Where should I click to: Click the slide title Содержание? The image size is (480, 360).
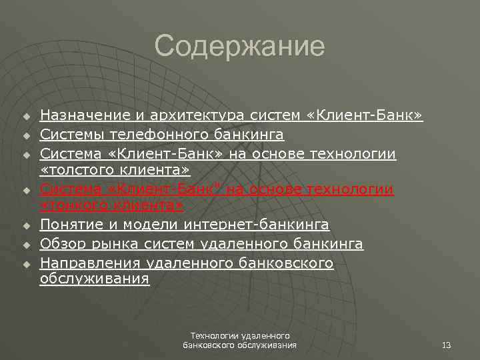pos(239,47)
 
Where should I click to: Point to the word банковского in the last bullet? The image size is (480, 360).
pos(285,263)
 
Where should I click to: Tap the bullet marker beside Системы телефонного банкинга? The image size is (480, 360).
pos(27,137)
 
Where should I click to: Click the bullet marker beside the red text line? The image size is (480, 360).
pos(27,191)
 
